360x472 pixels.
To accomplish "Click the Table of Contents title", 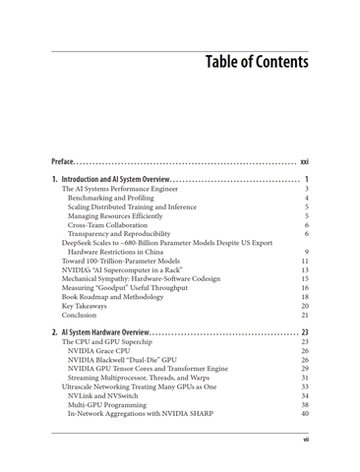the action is (x=257, y=62).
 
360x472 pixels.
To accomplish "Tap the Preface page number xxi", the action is (x=304, y=161).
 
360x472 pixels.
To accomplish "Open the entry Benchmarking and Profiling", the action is (x=116, y=201).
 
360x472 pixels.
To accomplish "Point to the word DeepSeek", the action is (x=78, y=243).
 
